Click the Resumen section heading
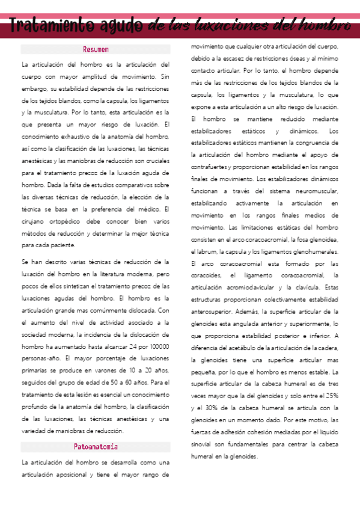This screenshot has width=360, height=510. click(x=96, y=49)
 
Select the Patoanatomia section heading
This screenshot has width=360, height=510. click(x=96, y=447)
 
